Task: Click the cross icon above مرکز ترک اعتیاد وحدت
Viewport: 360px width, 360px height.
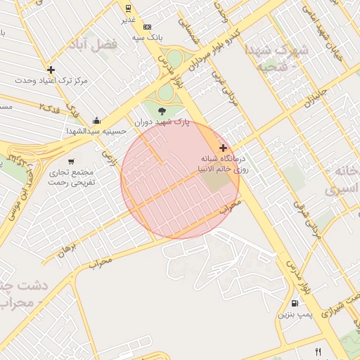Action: coord(51,70)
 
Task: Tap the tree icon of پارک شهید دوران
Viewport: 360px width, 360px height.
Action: coord(163,110)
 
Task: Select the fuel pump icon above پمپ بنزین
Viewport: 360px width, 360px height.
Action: coord(294,303)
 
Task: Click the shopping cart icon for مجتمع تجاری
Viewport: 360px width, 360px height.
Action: coord(70,162)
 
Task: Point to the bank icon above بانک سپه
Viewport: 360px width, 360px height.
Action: coord(147,26)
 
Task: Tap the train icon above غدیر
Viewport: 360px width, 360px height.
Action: coord(128,8)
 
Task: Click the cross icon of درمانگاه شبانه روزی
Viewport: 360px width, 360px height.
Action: coord(224,148)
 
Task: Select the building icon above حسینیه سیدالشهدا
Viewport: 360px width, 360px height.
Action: coord(96,120)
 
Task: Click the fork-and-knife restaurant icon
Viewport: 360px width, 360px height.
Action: coord(318,352)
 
